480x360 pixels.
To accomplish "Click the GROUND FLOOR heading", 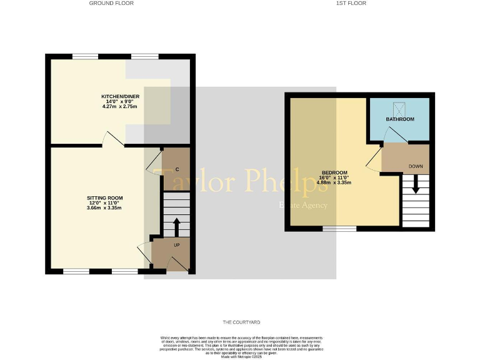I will click(x=111, y=3).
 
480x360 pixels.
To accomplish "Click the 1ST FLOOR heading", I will click(x=351, y=3).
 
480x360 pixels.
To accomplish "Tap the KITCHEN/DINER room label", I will click(x=120, y=96).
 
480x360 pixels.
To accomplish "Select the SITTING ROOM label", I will click(x=104, y=198).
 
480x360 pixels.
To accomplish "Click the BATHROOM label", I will click(x=399, y=119).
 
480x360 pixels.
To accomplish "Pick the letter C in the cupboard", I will click(x=177, y=169).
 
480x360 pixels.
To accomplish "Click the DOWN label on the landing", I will click(x=415, y=166).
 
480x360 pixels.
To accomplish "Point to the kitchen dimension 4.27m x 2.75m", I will click(x=120, y=107).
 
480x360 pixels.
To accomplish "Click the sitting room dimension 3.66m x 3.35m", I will click(x=104, y=208).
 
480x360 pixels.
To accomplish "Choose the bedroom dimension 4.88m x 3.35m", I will click(x=334, y=182).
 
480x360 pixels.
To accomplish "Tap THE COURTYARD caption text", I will click(x=241, y=322).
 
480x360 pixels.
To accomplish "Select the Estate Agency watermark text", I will click(x=302, y=205).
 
